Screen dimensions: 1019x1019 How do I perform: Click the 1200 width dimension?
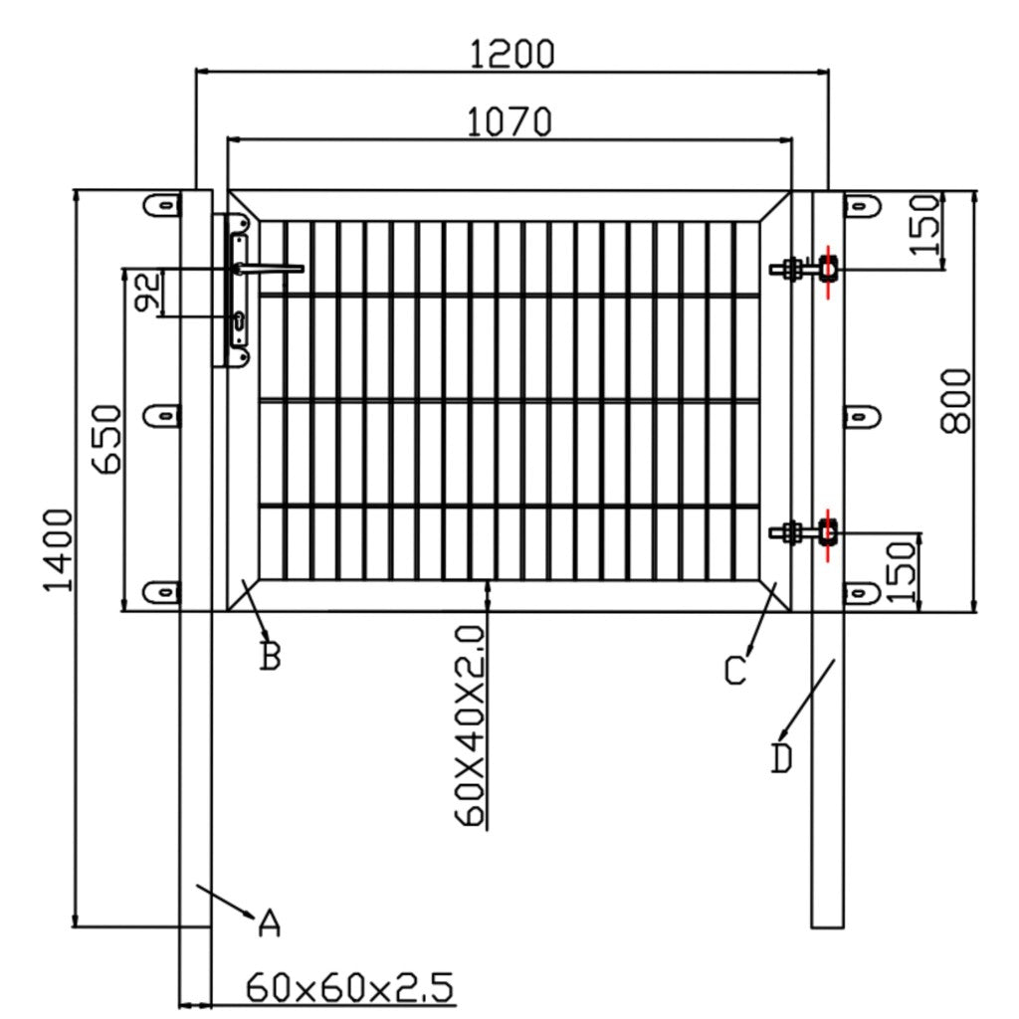[511, 53]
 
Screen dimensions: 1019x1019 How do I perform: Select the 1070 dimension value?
[509, 121]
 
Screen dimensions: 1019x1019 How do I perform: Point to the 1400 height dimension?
[58, 549]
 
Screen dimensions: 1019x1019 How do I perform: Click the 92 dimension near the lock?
[147, 294]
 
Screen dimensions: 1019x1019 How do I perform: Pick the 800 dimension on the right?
[955, 400]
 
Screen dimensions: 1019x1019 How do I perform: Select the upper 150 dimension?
[925, 225]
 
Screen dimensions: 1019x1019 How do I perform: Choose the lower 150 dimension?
[902, 571]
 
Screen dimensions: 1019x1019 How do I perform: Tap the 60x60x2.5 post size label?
[349, 988]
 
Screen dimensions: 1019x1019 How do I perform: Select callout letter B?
[270, 657]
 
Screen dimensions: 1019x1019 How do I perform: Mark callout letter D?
[782, 758]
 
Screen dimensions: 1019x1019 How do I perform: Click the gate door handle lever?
[271, 268]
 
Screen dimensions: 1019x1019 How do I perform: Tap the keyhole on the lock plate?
[240, 320]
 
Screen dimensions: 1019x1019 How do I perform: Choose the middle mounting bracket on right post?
[862, 415]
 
